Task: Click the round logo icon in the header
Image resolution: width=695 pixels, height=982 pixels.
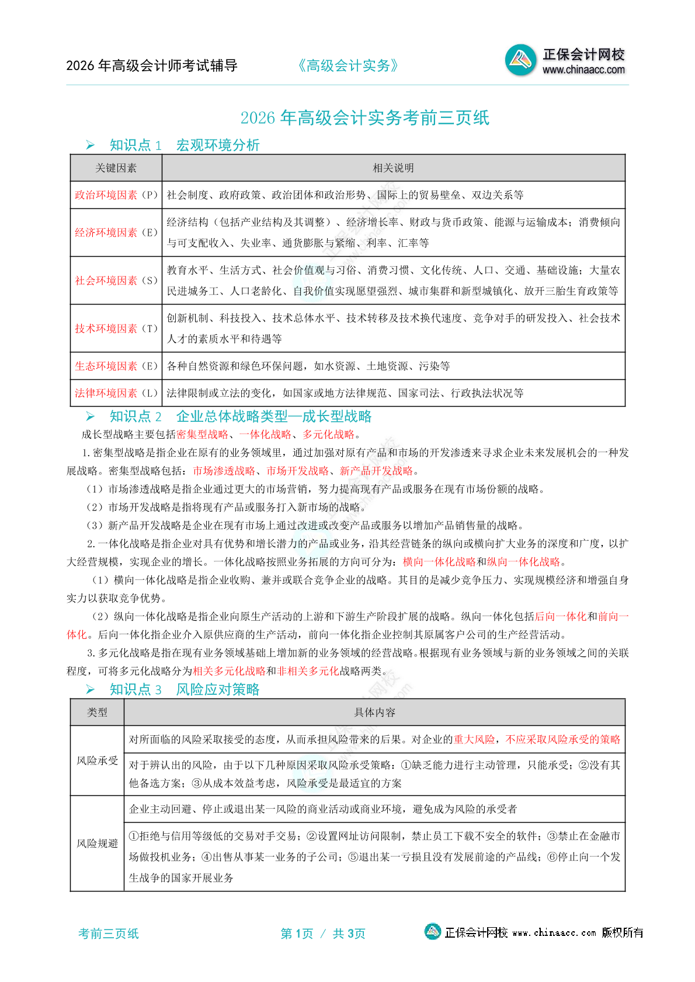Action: (x=520, y=60)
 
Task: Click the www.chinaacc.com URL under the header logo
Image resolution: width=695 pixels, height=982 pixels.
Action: (x=583, y=70)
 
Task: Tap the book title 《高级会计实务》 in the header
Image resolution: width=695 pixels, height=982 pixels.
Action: (x=348, y=66)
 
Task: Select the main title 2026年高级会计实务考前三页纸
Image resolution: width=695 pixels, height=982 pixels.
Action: (x=364, y=118)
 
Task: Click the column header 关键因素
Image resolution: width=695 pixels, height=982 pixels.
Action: (x=116, y=168)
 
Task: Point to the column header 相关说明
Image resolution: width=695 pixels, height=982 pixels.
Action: (x=393, y=168)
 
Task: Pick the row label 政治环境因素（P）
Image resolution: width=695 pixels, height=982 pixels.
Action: (x=116, y=195)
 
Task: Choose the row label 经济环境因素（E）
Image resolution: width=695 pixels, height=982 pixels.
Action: (x=116, y=232)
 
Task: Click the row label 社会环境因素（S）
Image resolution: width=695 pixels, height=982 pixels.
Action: (x=116, y=281)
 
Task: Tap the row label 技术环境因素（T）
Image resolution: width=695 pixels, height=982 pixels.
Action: (x=116, y=329)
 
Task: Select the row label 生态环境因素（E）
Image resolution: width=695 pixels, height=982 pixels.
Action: (x=116, y=366)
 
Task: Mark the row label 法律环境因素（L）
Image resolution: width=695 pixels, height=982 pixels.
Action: (x=116, y=393)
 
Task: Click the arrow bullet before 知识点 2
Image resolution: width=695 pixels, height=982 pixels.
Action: (x=90, y=416)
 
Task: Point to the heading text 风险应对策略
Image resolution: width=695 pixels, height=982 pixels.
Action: (x=218, y=689)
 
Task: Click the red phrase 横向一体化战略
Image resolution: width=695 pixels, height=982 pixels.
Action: (x=439, y=561)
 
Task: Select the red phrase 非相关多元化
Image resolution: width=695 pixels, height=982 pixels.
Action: (x=308, y=671)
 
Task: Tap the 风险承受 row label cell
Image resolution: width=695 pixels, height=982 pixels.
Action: (x=97, y=760)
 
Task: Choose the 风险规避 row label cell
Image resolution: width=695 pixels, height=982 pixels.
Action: (x=97, y=843)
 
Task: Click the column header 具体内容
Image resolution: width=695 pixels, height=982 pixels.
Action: (x=374, y=712)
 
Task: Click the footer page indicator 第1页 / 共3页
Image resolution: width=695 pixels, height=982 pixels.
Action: (x=323, y=934)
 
